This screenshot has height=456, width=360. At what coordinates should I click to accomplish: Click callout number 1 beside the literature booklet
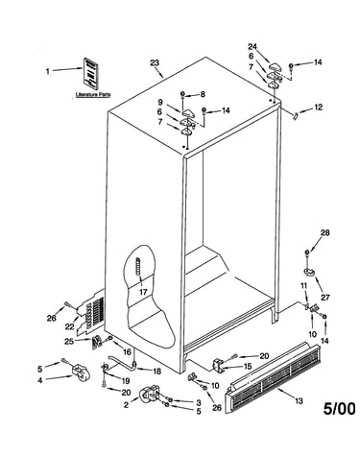pyautogui.click(x=48, y=71)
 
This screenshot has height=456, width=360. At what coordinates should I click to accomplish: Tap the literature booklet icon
pyautogui.click(x=91, y=73)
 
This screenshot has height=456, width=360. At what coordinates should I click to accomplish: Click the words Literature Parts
pyautogui.click(x=93, y=95)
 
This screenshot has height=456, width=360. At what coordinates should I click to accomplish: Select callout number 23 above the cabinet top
pyautogui.click(x=155, y=62)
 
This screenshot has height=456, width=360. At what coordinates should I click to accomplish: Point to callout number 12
pyautogui.click(x=318, y=108)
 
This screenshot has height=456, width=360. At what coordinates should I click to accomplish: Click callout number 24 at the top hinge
pyautogui.click(x=252, y=47)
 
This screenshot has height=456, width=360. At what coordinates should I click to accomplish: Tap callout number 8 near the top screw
pyautogui.click(x=203, y=94)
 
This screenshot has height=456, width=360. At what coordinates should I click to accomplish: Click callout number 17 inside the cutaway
pyautogui.click(x=143, y=292)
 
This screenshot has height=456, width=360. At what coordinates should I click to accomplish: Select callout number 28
pyautogui.click(x=325, y=232)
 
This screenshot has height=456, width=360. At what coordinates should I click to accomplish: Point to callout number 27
pyautogui.click(x=325, y=298)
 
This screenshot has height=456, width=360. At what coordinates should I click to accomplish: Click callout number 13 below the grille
pyautogui.click(x=299, y=401)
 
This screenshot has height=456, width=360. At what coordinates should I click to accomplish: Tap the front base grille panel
pyautogui.click(x=273, y=378)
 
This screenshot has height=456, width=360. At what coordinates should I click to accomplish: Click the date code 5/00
pyautogui.click(x=339, y=409)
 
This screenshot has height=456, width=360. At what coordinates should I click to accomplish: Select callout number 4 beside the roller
pyautogui.click(x=40, y=381)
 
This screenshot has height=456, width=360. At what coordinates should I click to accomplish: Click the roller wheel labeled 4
pyautogui.click(x=80, y=373)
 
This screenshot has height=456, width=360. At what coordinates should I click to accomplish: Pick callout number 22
pyautogui.click(x=70, y=327)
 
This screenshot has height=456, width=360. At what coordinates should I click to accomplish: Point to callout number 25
pyautogui.click(x=69, y=342)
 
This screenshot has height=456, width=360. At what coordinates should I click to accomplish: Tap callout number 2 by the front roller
pyautogui.click(x=126, y=405)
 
